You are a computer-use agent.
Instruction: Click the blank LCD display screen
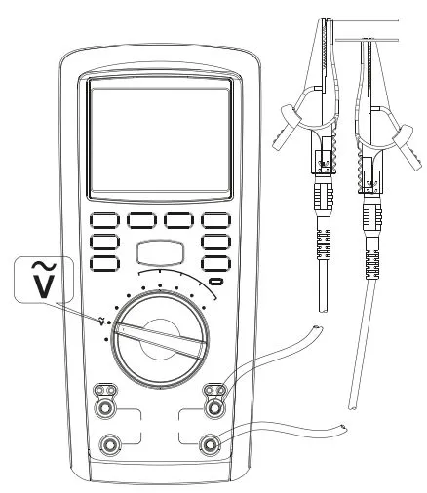point(160,139)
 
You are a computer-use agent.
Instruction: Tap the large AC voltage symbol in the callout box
point(44,281)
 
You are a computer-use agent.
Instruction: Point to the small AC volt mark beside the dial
point(101,321)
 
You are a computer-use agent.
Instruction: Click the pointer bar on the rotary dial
point(161,339)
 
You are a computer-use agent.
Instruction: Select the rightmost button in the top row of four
point(215,221)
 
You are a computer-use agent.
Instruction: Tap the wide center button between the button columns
point(161,253)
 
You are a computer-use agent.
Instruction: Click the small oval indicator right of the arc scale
point(216,281)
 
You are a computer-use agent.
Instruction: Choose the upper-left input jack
point(105,407)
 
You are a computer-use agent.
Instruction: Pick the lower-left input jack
point(110,443)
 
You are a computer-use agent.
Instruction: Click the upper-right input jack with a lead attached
point(213,407)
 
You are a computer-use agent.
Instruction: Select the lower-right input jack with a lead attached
point(210,443)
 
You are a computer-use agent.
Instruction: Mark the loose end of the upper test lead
point(318,328)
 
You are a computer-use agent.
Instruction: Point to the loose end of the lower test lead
point(343,428)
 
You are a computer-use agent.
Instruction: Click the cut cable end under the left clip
point(324,311)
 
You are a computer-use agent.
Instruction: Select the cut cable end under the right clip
point(353,407)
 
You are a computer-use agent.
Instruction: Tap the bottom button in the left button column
point(104,264)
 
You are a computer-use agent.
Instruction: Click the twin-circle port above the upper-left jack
point(105,390)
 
